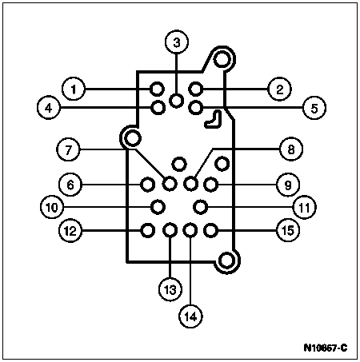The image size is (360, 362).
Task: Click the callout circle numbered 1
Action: click(x=74, y=89)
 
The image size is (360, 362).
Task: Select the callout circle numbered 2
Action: click(x=279, y=89)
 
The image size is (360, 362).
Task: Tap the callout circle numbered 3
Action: click(x=177, y=42)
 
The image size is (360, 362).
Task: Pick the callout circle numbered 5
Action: click(x=314, y=108)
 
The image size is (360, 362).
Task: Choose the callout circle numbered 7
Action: click(x=68, y=149)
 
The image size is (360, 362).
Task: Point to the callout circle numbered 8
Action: click(x=291, y=149)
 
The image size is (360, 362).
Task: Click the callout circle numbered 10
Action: click(x=52, y=207)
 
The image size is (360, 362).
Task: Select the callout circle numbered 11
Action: click(x=304, y=207)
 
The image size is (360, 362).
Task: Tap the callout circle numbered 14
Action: click(x=190, y=316)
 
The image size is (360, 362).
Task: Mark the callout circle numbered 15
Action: click(x=288, y=230)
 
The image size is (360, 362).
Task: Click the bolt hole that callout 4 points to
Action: click(x=158, y=108)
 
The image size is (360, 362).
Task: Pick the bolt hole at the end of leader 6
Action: click(x=147, y=185)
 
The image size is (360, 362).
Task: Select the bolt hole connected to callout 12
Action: click(x=147, y=230)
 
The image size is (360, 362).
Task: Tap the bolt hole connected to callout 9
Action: click(x=211, y=185)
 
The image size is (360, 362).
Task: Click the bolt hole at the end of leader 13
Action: click(x=170, y=230)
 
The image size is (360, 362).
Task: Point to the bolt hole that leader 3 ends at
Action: click(x=177, y=101)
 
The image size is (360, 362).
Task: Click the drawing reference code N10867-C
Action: click(x=326, y=348)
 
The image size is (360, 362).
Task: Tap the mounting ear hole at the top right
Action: click(x=222, y=59)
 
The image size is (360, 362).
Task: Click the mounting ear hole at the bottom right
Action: click(x=227, y=260)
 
